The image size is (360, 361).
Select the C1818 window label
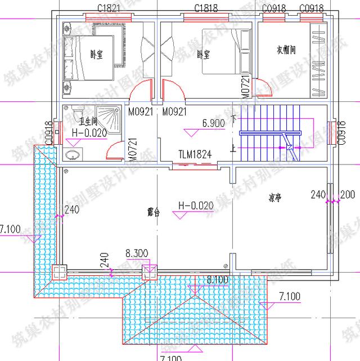point(206,8)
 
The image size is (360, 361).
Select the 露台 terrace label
point(154,212)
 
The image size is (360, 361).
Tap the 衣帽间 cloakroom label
point(286,50)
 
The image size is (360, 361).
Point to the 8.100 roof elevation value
point(218,279)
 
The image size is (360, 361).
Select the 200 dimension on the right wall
point(348,194)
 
